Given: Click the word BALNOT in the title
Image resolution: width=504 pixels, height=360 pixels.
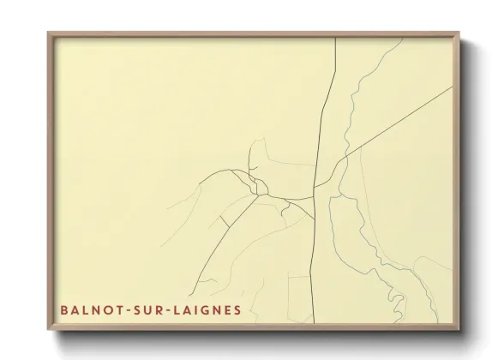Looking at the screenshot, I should coord(90,309).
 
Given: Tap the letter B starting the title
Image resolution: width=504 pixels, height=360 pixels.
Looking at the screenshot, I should coord(64,309).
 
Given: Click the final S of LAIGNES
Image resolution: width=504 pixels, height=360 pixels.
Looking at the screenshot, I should coord(237,309).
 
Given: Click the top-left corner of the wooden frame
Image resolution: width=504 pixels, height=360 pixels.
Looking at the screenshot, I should coord(49,33).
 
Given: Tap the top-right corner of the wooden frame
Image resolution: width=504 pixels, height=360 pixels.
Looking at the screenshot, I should coord(459,33).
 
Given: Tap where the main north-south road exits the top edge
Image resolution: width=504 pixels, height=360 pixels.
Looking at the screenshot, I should coord(334,39).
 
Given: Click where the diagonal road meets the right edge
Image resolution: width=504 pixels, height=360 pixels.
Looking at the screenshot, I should coord(453,87).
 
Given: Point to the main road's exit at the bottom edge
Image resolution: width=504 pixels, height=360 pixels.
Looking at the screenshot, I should coord(313,324).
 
